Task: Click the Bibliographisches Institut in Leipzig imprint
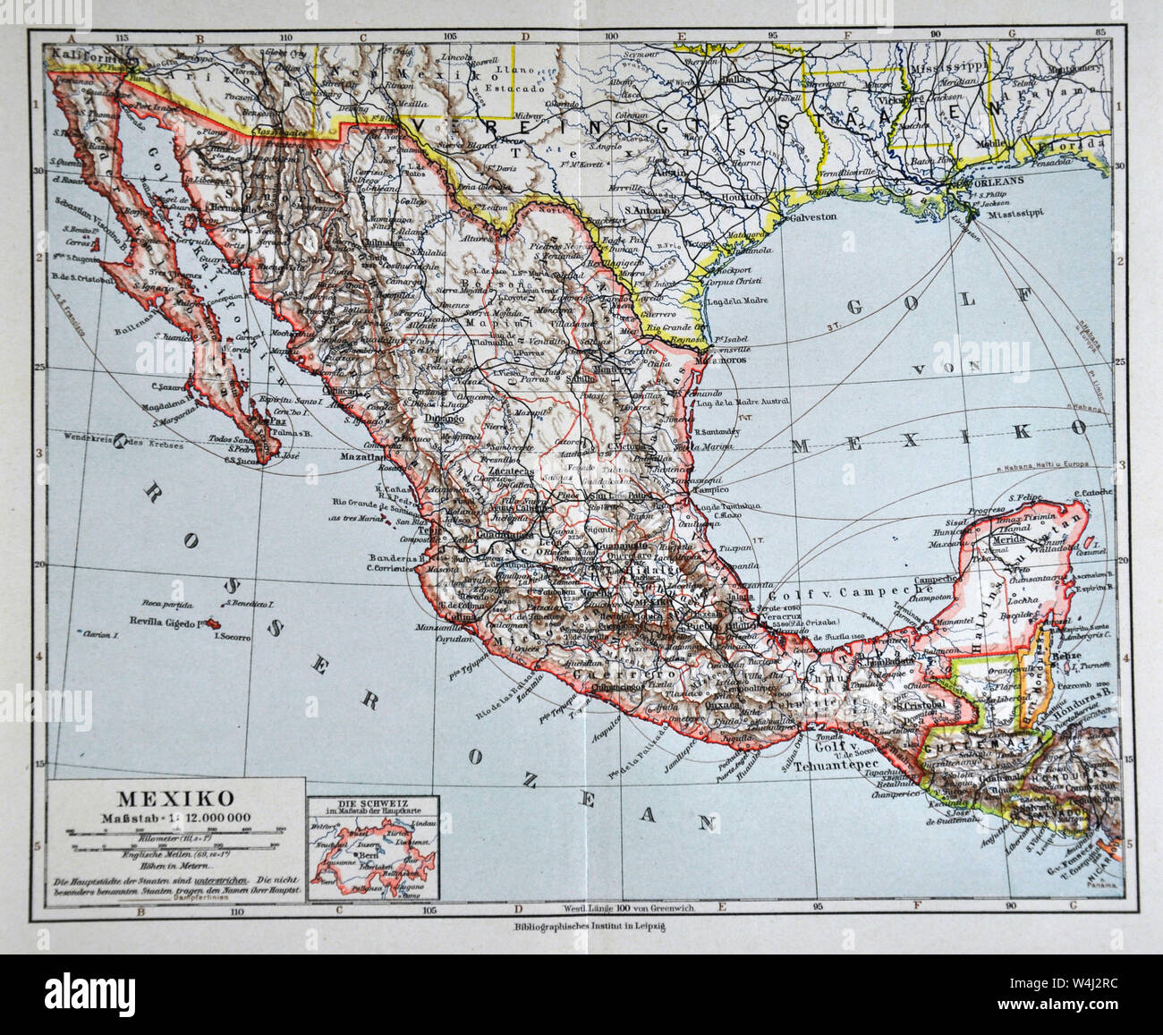coord(580,928)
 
